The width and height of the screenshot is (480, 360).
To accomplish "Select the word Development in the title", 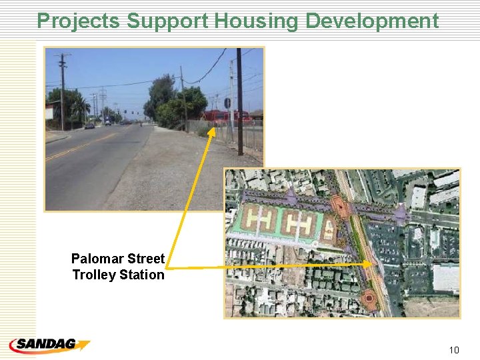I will [372, 21].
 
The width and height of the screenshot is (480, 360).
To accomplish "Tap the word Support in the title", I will [168, 21].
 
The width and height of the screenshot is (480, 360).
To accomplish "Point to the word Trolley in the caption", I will [95, 275].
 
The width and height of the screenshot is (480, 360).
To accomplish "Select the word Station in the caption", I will [142, 275].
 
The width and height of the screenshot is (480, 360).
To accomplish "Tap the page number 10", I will [454, 350].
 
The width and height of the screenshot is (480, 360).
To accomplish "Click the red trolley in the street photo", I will [227, 117].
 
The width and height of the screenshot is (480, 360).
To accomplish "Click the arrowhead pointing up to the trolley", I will [211, 132].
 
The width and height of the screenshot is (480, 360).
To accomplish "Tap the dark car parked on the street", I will [89, 125].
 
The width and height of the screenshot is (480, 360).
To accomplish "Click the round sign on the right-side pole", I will [227, 103].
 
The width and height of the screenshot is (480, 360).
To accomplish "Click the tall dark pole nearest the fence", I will [239, 100].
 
